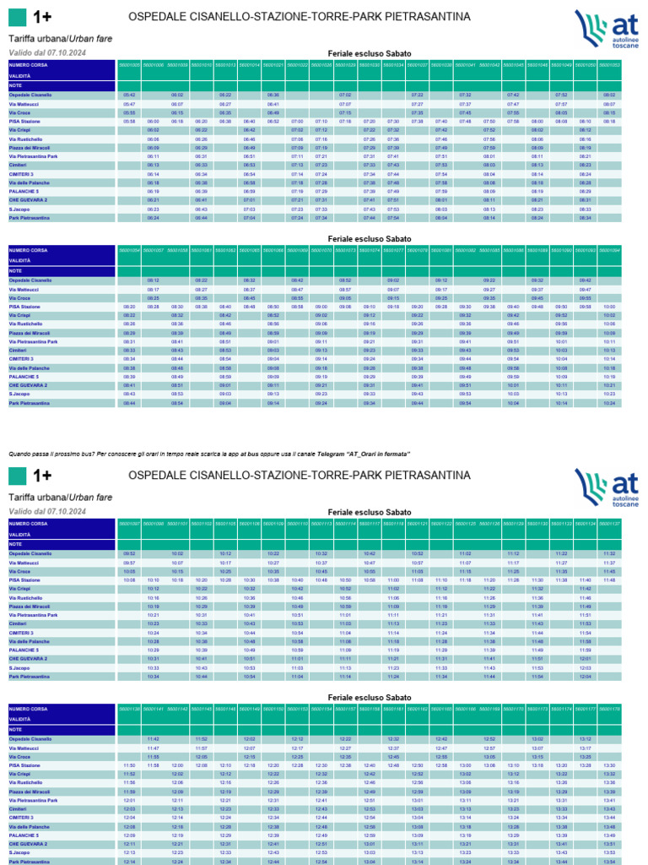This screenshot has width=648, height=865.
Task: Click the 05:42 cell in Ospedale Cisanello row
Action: (129, 95)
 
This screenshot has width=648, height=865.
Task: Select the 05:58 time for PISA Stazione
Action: (129, 122)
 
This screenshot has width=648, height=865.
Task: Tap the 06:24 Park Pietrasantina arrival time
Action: (153, 218)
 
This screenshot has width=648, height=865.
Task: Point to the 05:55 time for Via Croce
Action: (129, 113)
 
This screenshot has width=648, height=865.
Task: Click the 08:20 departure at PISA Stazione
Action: (129, 307)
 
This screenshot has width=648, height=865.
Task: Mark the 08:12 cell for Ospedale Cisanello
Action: (153, 280)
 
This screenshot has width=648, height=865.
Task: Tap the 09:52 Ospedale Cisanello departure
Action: (129, 553)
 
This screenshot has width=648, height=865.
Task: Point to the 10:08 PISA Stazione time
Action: (129, 580)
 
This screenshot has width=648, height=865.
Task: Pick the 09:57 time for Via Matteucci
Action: (129, 563)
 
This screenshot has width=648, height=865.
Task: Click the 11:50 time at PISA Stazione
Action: (129, 765)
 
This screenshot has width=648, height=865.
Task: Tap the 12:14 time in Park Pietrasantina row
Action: (129, 862)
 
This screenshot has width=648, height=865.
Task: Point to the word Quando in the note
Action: (20, 454)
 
